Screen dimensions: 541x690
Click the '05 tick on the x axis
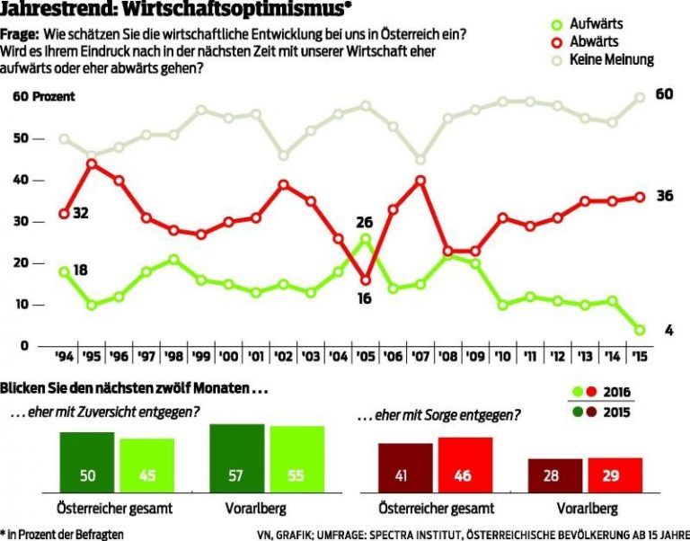365,355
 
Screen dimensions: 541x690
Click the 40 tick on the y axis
19,180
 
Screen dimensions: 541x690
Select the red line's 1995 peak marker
92,163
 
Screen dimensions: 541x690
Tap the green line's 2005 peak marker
365,238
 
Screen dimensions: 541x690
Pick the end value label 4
667,330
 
